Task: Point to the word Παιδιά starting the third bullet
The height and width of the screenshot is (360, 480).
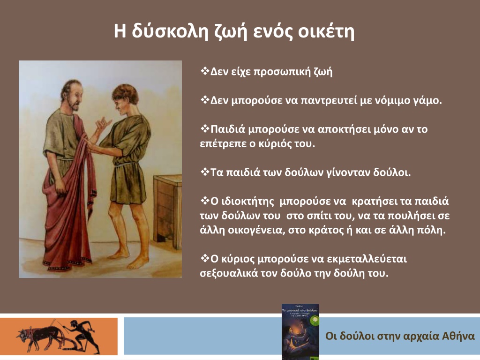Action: click(x=228, y=129)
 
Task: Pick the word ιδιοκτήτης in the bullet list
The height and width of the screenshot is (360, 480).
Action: click(x=242, y=202)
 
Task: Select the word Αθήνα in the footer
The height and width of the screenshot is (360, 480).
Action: click(x=458, y=336)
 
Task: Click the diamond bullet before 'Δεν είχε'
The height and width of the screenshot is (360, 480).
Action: click(x=204, y=72)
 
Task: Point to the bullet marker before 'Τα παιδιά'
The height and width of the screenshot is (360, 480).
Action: click(x=204, y=172)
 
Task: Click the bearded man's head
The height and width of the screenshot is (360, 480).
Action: click(x=72, y=95)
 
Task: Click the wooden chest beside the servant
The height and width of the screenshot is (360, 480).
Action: click(x=168, y=208)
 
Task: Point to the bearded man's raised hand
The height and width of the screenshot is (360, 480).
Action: click(x=103, y=124)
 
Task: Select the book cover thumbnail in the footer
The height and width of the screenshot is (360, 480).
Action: click(x=300, y=331)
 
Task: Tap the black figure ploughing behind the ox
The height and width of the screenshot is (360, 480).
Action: click(x=82, y=336)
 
